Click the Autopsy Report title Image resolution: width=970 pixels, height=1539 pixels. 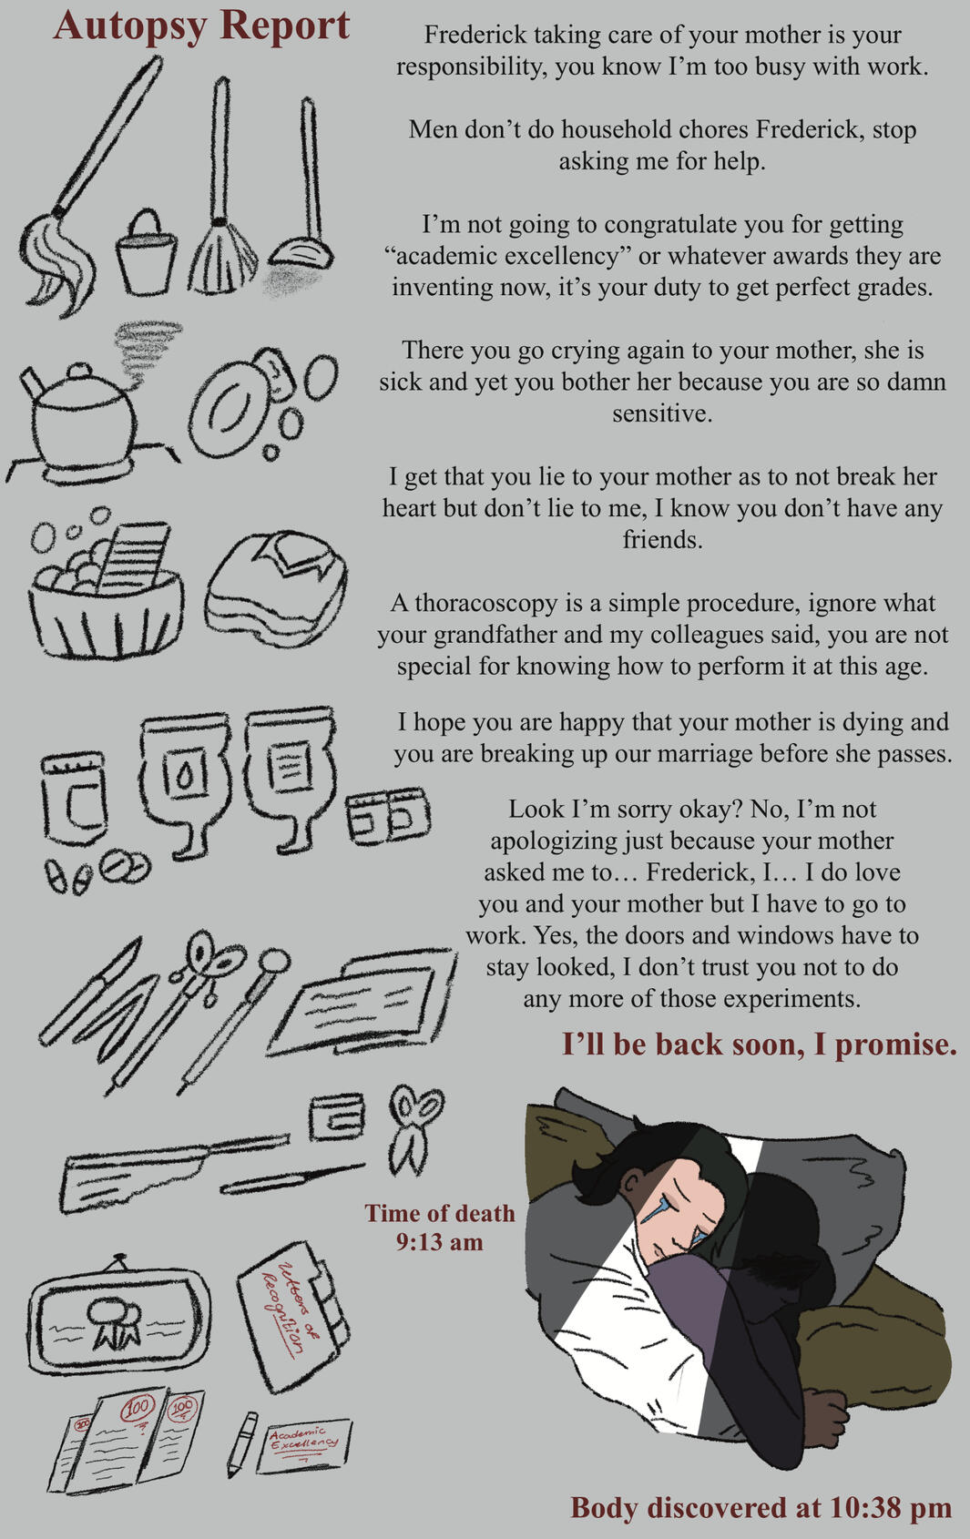(201, 26)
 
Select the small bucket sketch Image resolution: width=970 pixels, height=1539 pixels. (146, 252)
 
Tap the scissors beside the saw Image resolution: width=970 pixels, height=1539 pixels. (414, 1130)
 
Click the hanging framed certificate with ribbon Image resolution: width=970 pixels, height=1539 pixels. (118, 1316)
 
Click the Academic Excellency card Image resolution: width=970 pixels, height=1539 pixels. (303, 1445)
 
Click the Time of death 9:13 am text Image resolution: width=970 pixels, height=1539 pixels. (440, 1228)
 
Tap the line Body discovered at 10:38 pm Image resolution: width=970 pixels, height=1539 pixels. (761, 1508)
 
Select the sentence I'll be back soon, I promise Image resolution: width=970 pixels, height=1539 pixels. (759, 1045)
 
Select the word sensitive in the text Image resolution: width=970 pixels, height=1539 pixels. (661, 413)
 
